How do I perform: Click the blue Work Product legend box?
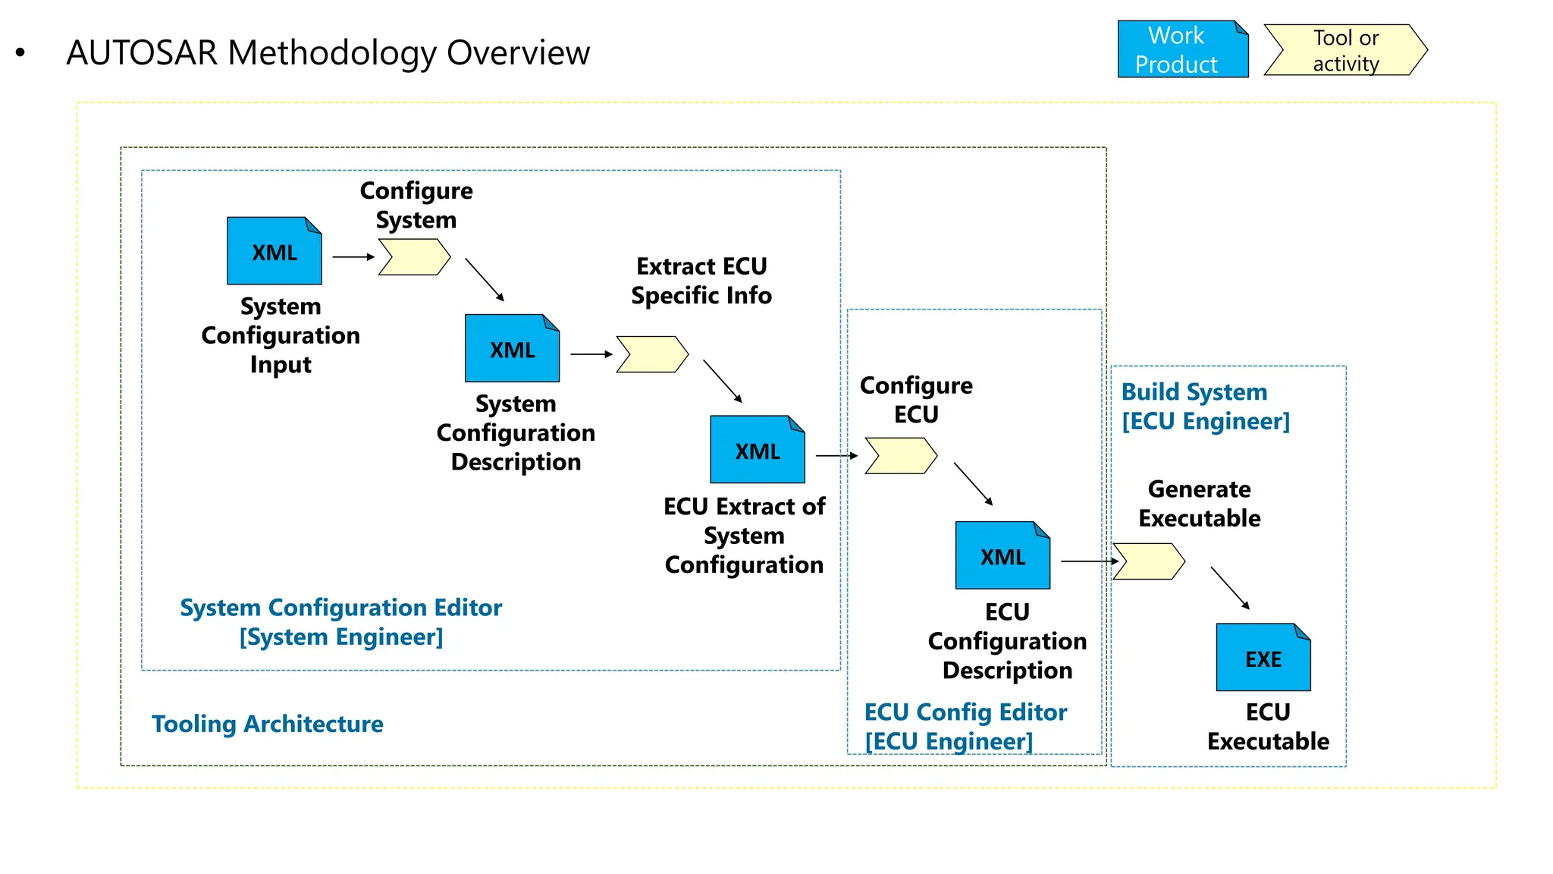1182,49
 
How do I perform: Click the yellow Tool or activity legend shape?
1345,50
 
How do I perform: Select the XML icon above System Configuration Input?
274,251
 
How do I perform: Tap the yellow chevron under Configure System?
414,257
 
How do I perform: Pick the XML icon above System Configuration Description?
512,348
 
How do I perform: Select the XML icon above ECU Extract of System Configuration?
757,449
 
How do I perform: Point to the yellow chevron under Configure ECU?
901,456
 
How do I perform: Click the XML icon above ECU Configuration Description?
1002,555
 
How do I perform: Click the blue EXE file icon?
1263,657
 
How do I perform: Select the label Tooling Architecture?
267,724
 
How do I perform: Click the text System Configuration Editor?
340,608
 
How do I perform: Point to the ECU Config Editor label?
965,712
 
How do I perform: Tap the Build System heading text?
1194,392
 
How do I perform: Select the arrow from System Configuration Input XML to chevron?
353,257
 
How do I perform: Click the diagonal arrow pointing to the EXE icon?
1229,588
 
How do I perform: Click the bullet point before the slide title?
20,53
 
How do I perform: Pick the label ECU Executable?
1268,727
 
